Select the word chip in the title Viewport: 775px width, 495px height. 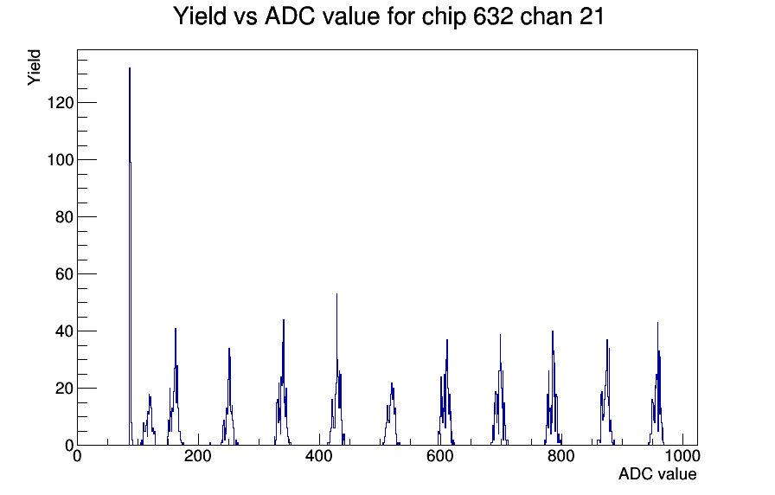(x=444, y=16)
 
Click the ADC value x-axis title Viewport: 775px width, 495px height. (x=657, y=473)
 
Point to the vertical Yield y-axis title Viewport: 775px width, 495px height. (x=34, y=67)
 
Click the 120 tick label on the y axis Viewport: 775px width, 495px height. (x=61, y=102)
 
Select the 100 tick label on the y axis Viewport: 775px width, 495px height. (x=61, y=160)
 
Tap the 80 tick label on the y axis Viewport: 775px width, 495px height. (x=64, y=216)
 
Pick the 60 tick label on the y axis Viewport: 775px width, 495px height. (x=64, y=274)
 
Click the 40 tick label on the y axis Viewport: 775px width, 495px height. (x=64, y=331)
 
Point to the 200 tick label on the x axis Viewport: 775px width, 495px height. (x=198, y=455)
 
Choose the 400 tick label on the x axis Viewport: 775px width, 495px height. (x=319, y=455)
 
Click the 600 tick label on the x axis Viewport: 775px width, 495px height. (x=440, y=455)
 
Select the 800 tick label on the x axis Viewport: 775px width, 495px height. (x=561, y=455)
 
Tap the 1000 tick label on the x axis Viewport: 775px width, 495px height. (x=682, y=455)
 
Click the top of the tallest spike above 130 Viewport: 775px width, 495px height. (x=130, y=67)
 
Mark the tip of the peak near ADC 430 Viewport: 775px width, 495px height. (x=336, y=293)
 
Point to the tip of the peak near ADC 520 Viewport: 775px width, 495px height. (x=392, y=382)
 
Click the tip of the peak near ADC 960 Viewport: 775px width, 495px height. (x=657, y=323)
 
